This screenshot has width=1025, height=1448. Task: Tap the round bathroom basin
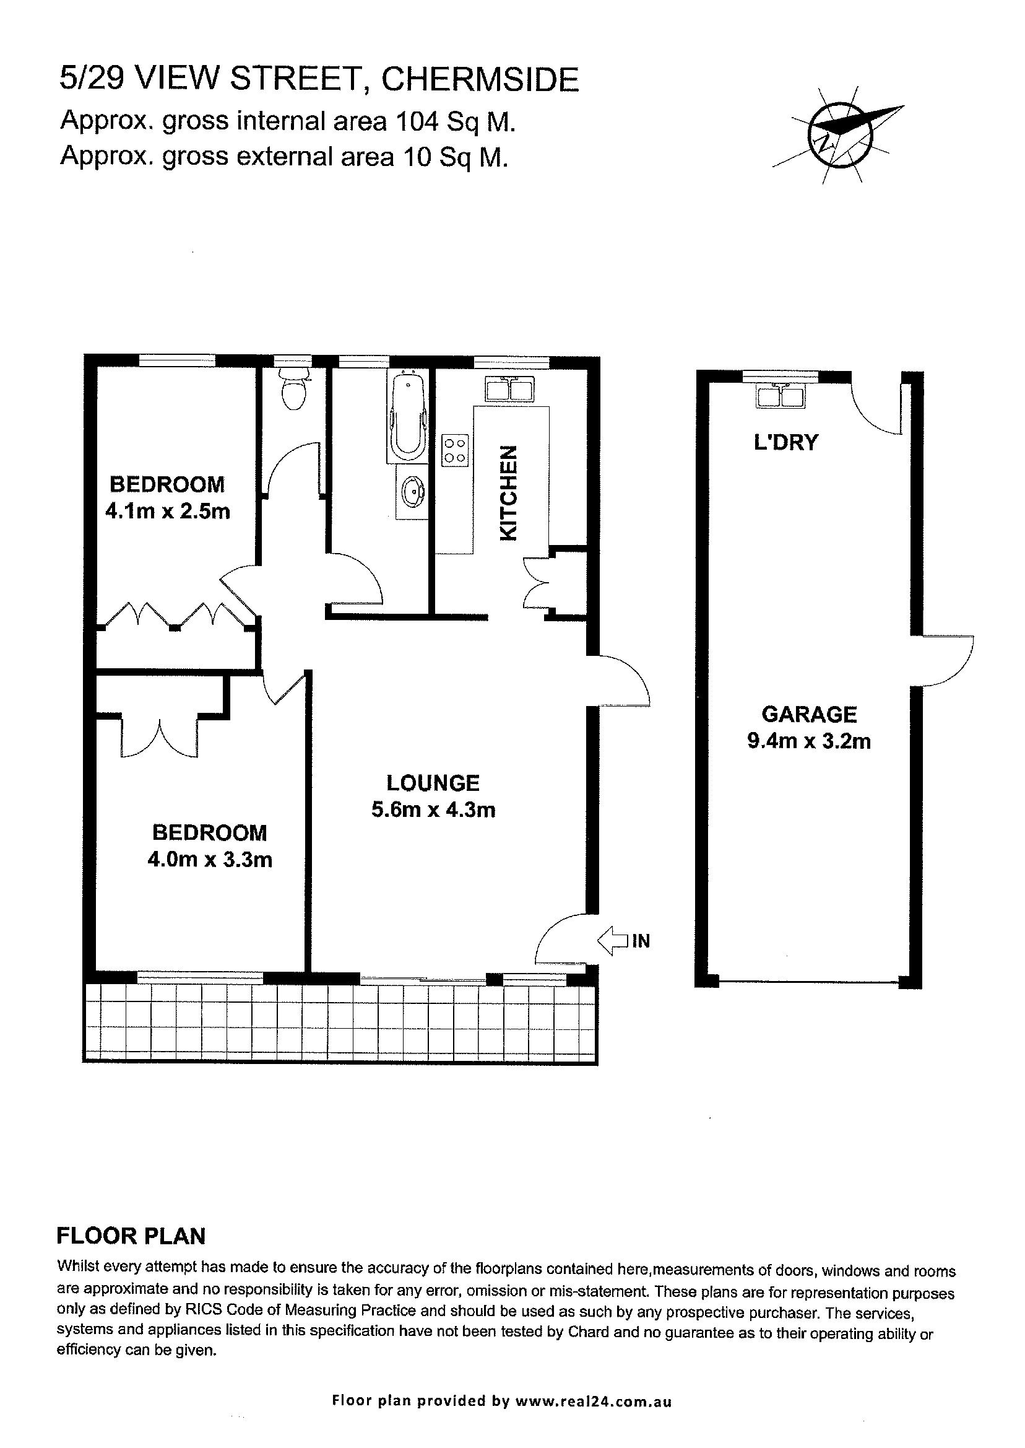tap(412, 491)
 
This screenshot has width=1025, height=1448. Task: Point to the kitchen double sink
tap(510, 389)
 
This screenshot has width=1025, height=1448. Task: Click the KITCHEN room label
tap(509, 494)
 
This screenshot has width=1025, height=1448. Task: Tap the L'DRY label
tap(786, 443)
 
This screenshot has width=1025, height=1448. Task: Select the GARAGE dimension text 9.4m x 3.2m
tap(808, 740)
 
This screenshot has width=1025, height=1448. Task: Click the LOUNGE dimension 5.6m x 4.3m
tap(433, 809)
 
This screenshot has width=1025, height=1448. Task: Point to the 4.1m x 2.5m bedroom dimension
tap(167, 510)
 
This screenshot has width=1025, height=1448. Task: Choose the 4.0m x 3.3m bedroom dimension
tap(210, 860)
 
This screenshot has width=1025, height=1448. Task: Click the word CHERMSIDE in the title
tap(480, 79)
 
